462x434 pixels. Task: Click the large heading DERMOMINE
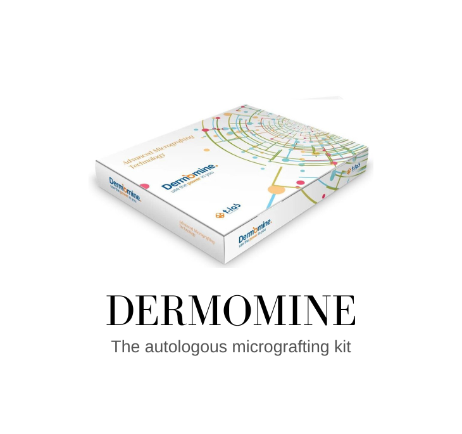(231, 310)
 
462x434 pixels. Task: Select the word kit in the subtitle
(339, 347)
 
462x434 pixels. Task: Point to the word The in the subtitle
(124, 347)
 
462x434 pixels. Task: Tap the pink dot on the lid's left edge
(144, 187)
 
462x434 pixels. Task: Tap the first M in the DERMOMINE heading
(199, 310)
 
